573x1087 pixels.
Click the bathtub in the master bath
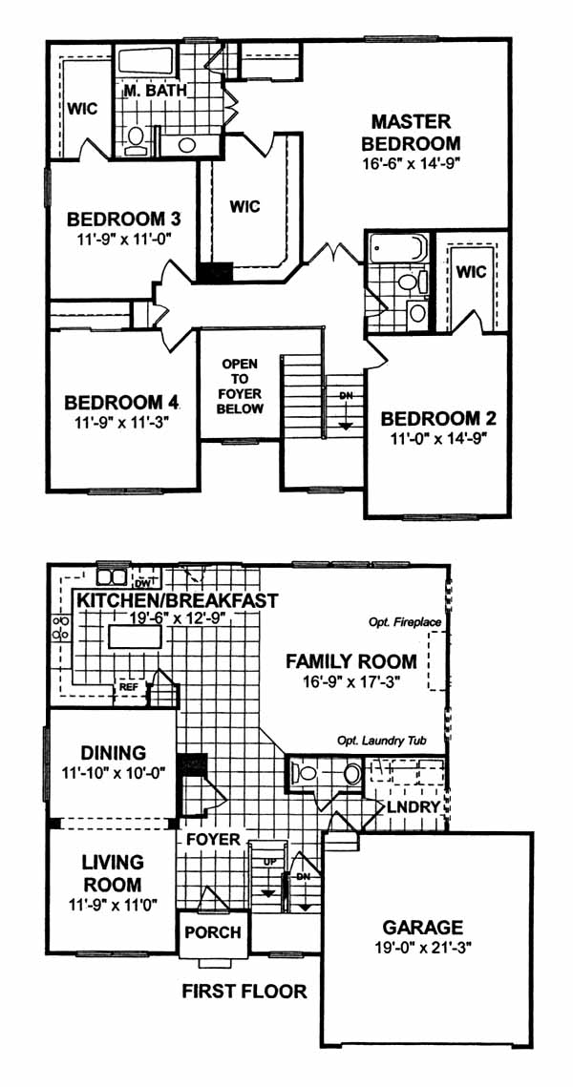coord(150,61)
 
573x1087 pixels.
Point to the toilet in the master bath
coord(136,139)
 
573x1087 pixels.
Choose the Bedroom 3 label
coord(124,219)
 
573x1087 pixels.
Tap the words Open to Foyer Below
coord(240,387)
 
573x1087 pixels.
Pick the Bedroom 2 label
coord(438,419)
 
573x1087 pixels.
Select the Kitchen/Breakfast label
coord(178,599)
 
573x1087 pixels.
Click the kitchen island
coord(136,636)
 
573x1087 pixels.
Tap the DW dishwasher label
coord(143,584)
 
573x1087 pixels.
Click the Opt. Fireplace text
coord(406,622)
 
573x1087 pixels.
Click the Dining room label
coord(113,752)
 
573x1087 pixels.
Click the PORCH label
coord(213,932)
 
